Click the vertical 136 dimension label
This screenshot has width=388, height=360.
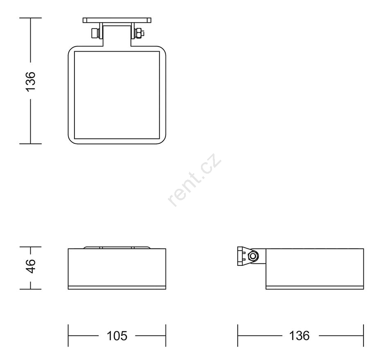pyautogui.click(x=31, y=82)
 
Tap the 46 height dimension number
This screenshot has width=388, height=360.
pyautogui.click(x=31, y=266)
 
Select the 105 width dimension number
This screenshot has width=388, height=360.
pyautogui.click(x=117, y=336)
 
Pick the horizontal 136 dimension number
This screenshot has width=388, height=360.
pyautogui.click(x=299, y=336)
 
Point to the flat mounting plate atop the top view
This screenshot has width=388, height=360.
pyautogui.click(x=117, y=20)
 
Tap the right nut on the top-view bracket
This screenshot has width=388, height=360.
pyautogui.click(x=139, y=33)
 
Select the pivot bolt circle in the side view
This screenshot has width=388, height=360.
pyautogui.click(x=253, y=256)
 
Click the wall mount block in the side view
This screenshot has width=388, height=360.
pyautogui.click(x=242, y=256)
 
